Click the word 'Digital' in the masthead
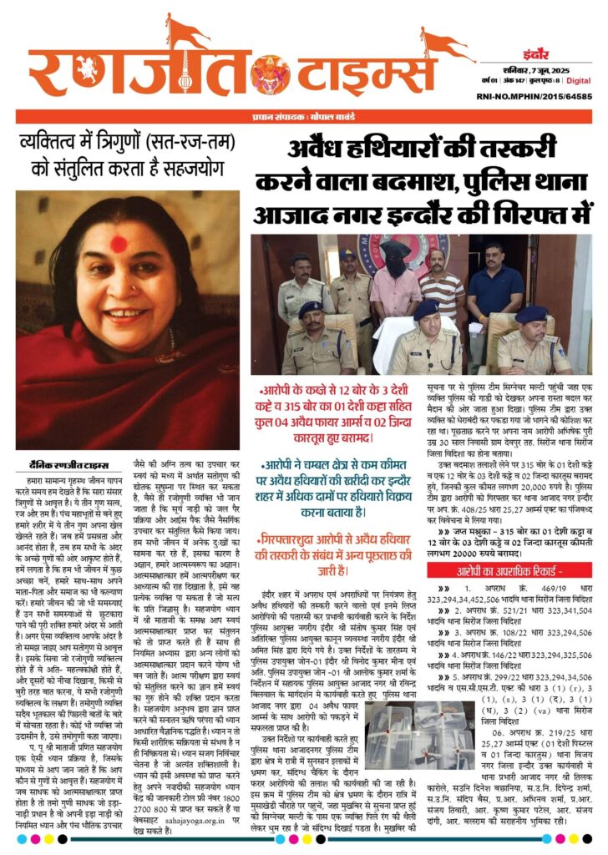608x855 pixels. point(578,80)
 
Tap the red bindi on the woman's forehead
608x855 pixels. point(118,244)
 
